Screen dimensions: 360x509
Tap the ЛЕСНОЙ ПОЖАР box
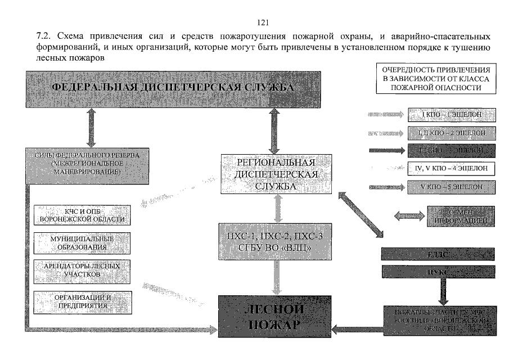pos(274,317)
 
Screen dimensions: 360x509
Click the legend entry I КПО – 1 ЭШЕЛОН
pos(452,116)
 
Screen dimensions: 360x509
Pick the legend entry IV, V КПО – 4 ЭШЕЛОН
pos(452,168)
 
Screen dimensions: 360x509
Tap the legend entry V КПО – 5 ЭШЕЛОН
pos(452,187)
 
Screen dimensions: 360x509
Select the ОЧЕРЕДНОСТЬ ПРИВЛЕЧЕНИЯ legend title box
pos(435,78)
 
